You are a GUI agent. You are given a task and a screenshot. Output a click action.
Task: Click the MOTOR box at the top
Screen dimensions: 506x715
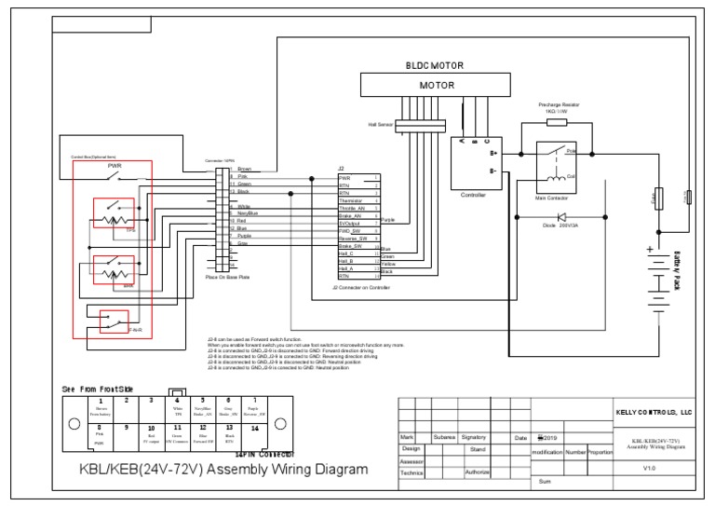coord(437,84)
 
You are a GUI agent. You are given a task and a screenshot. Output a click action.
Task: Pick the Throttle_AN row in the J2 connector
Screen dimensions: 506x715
coord(355,209)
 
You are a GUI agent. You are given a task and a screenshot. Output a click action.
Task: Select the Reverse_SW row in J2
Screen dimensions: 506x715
coord(354,239)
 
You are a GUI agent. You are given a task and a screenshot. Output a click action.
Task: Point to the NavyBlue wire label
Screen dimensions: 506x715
coord(248,213)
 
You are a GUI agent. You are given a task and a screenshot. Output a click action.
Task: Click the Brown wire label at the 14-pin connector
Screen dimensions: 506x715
coord(245,169)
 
